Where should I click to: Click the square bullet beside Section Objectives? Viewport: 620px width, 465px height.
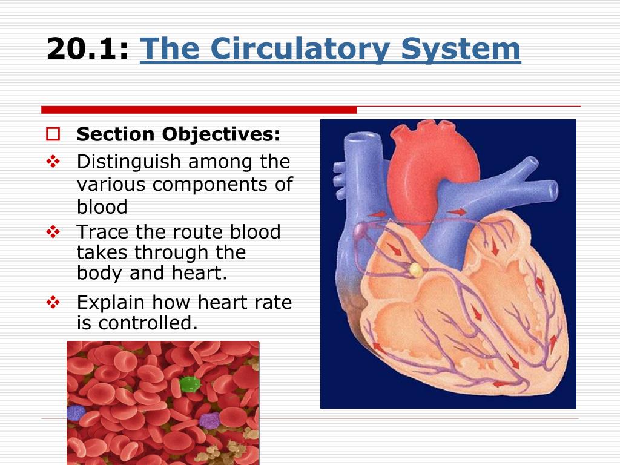coord(53,134)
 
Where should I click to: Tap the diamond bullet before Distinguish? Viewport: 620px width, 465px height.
coord(53,161)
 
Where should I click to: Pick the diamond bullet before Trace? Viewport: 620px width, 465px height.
coord(53,232)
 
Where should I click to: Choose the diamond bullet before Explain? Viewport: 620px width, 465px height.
coord(53,303)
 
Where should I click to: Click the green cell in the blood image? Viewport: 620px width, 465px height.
coord(190,384)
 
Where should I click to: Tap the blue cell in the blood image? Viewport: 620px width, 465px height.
coord(76,413)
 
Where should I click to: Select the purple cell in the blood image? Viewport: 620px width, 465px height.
coord(209,421)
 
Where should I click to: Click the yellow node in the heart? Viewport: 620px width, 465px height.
coord(416,270)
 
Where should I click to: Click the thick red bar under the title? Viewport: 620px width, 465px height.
coord(199,110)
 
